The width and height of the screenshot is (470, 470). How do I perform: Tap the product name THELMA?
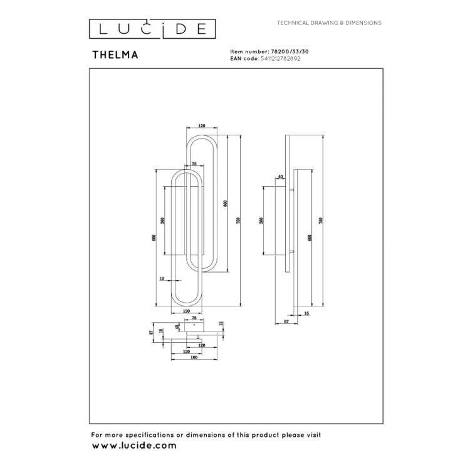tap(115, 55)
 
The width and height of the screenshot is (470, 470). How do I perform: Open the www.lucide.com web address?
tap(134, 446)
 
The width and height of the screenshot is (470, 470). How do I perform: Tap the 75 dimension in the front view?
tap(194, 164)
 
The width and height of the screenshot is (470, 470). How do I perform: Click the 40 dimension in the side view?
tap(279, 177)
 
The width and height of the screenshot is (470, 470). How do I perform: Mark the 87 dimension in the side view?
tap(286, 321)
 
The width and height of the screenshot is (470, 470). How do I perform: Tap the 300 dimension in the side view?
tap(261, 221)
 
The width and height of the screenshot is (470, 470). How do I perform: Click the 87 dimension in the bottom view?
tap(151, 333)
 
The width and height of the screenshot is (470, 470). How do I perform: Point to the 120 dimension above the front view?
tap(201, 126)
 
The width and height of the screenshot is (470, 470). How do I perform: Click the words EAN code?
tap(244, 58)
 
